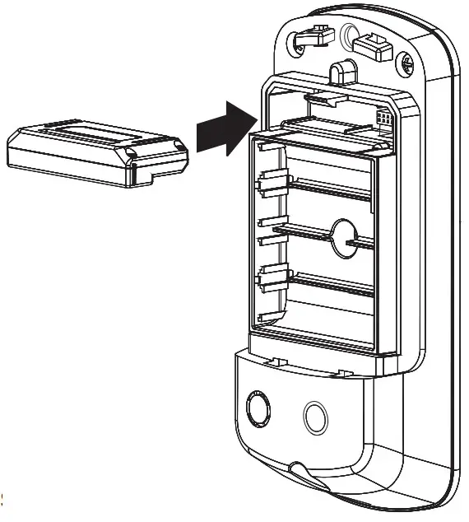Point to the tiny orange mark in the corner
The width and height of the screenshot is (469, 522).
(3, 497)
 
